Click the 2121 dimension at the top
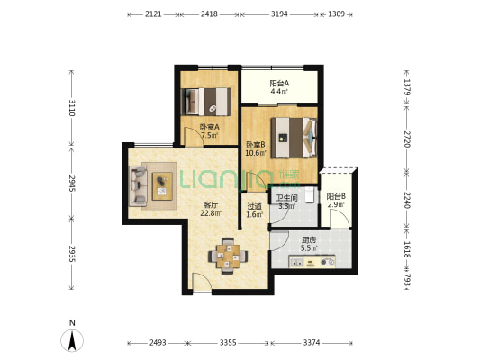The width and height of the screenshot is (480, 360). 153,14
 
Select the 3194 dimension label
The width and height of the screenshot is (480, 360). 279,14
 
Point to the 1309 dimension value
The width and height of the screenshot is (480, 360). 336,14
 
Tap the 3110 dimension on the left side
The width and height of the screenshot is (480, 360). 72,108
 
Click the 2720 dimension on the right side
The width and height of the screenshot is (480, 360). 407,139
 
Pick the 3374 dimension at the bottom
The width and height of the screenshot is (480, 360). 312,343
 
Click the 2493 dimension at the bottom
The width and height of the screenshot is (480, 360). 158,343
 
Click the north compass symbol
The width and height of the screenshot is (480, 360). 72,340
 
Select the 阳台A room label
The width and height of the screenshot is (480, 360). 279,83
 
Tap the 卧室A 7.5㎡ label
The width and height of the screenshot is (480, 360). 210,130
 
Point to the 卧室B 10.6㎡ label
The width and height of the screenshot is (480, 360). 256,148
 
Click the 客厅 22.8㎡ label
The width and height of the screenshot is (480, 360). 211,209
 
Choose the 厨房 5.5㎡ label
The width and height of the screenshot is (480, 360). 309,244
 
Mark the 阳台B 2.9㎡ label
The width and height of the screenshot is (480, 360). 336,201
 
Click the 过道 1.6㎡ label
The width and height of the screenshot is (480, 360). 254,211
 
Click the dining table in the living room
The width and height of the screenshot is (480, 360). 228,256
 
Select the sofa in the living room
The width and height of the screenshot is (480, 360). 138,185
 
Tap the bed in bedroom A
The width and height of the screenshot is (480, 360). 205,102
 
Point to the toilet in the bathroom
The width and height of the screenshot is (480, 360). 309,194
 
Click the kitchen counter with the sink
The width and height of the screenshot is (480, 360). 312,262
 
